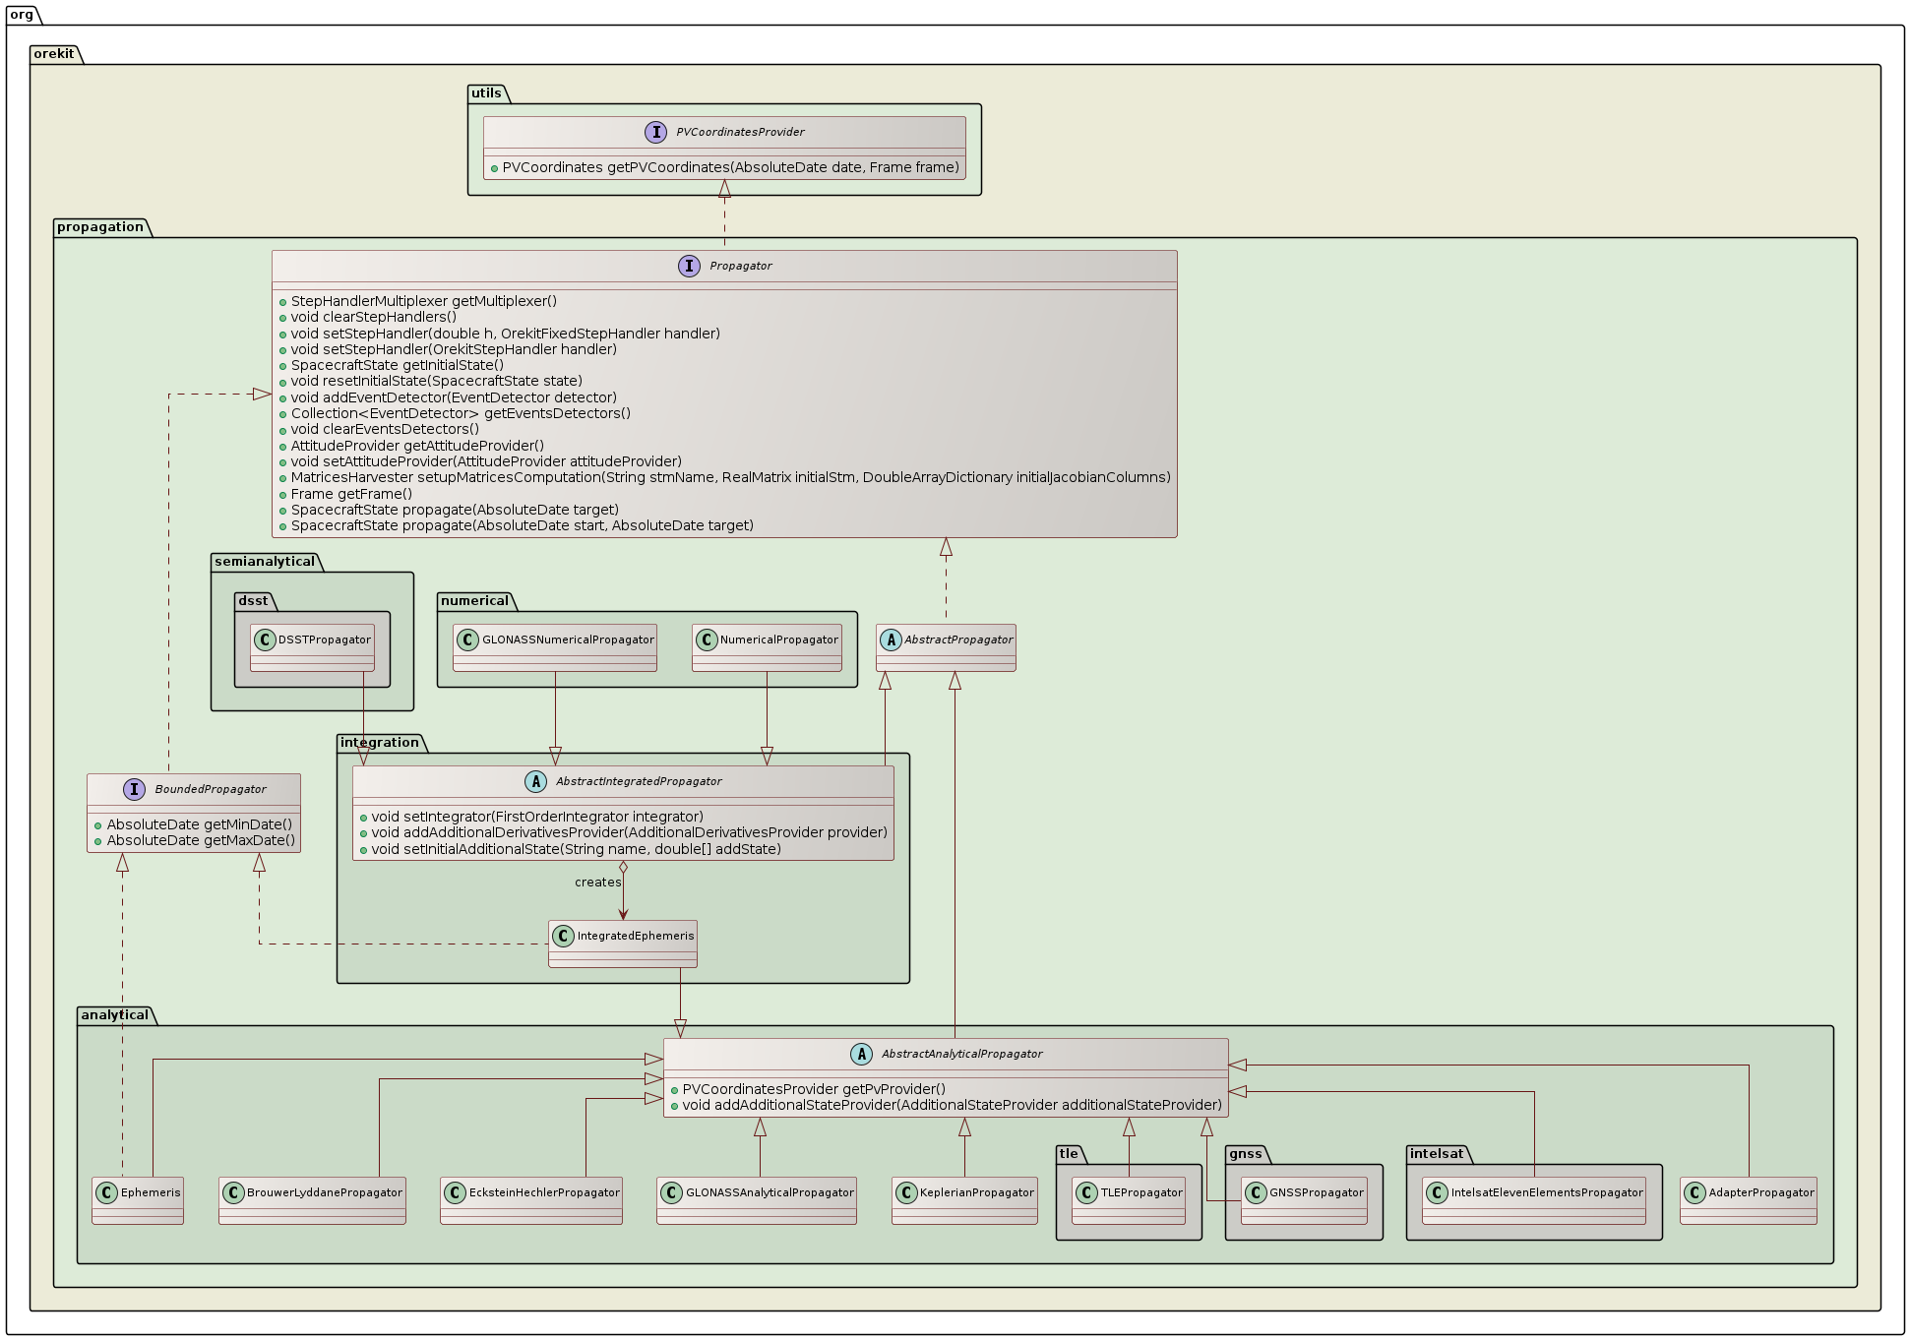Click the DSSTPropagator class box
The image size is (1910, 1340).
point(312,646)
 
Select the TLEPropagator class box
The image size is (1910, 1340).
point(1128,1199)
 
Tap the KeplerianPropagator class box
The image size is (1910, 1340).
point(964,1199)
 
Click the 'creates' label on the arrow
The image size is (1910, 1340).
point(597,883)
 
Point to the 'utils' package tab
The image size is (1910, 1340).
point(486,93)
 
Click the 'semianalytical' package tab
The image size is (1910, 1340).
point(265,562)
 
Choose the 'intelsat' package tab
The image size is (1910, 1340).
point(1436,1154)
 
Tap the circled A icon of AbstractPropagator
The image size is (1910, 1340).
point(891,640)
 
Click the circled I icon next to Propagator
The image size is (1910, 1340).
point(689,266)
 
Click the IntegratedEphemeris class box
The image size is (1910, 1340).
point(623,943)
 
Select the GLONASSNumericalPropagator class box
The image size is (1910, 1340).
point(555,646)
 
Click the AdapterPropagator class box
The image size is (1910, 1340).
point(1748,1199)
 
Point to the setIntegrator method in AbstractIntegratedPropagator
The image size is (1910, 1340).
point(536,817)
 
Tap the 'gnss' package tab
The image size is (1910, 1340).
point(1245,1154)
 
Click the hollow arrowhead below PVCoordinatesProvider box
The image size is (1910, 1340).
point(724,188)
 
